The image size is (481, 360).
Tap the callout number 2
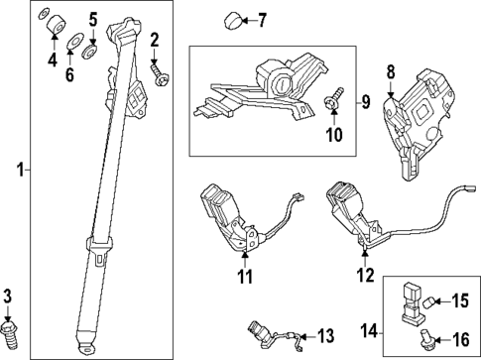click(x=155, y=40)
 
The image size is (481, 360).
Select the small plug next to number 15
click(x=430, y=300)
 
